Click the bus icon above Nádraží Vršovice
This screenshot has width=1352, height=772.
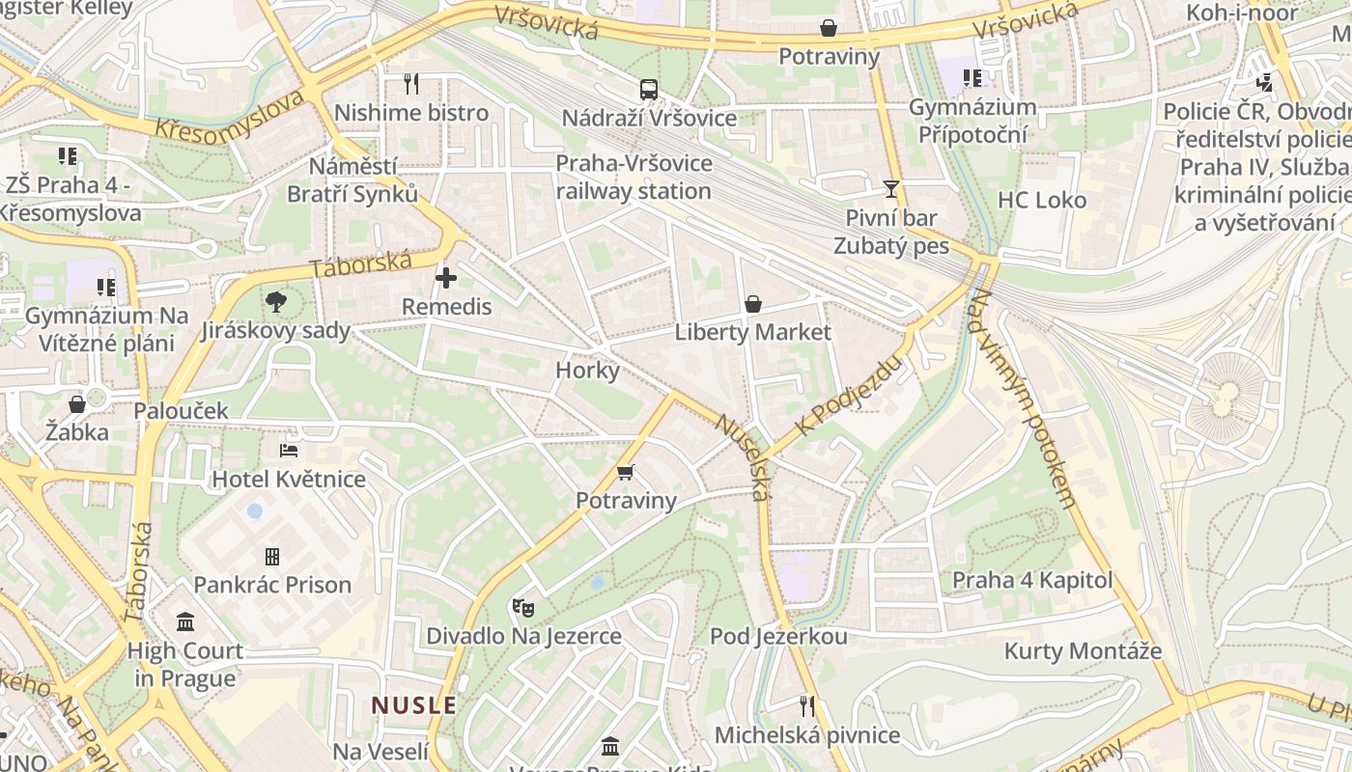pyautogui.click(x=649, y=90)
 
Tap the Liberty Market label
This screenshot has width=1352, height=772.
pyautogui.click(x=752, y=333)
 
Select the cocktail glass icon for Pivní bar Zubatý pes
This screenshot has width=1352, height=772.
pyautogui.click(x=890, y=188)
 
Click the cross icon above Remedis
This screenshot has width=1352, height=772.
pyautogui.click(x=446, y=279)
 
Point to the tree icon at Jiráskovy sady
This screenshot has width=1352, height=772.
pyautogui.click(x=276, y=302)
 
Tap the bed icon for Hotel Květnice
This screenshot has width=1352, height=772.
pyautogui.click(x=289, y=450)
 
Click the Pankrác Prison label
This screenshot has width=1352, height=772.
pyautogui.click(x=272, y=585)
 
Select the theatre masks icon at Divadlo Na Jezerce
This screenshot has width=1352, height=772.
pyautogui.click(x=523, y=607)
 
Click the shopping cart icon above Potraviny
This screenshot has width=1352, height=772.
pyautogui.click(x=626, y=472)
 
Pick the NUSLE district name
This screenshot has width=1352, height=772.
pyautogui.click(x=414, y=705)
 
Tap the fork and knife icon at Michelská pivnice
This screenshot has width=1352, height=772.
pyautogui.click(x=807, y=706)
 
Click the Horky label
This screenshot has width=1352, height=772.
pyautogui.click(x=587, y=371)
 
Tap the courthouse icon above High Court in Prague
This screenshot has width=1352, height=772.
pyautogui.click(x=185, y=622)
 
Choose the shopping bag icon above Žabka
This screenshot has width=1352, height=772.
pyautogui.click(x=77, y=403)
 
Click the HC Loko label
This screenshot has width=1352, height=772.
pyautogui.click(x=1042, y=201)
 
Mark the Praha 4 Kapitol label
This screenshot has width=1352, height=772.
pyautogui.click(x=1032, y=581)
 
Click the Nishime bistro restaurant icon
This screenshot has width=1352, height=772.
pyautogui.click(x=411, y=84)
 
